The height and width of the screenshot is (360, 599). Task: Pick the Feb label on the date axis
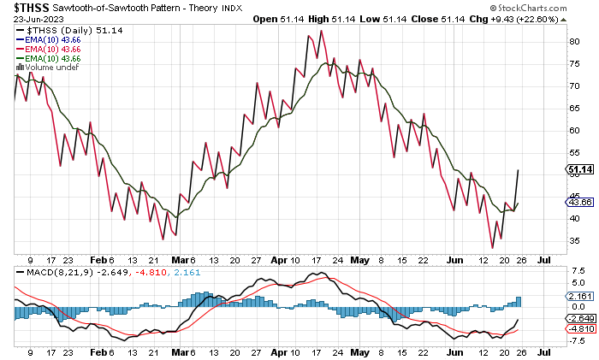[101, 261]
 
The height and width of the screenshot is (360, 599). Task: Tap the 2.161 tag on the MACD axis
[577, 296]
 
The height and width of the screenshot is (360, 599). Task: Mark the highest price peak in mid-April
[321, 31]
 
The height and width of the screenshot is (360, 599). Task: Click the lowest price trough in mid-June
[492, 248]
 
